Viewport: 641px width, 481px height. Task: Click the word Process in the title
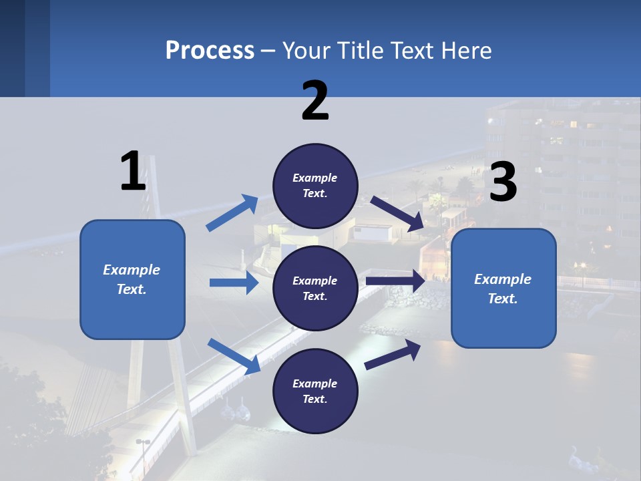tap(210, 51)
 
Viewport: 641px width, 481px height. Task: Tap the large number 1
tap(133, 172)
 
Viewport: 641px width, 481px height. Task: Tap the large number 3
tap(503, 182)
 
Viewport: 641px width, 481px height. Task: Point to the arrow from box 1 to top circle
tap(232, 213)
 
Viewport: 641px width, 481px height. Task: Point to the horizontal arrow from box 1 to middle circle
tap(234, 283)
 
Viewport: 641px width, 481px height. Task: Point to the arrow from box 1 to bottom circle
tap(234, 356)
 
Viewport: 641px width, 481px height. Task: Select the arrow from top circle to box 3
tap(397, 213)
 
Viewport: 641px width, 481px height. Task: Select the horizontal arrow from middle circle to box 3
tap(395, 281)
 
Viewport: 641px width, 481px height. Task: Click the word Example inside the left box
tap(132, 270)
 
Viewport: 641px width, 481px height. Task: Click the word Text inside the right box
tap(503, 299)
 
